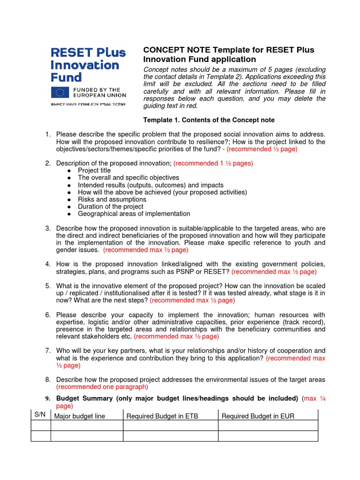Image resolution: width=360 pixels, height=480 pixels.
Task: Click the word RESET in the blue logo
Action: click(71, 52)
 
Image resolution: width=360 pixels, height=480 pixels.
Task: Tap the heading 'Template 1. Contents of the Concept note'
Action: click(209, 120)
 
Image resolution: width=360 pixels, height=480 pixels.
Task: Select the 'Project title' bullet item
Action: click(94, 171)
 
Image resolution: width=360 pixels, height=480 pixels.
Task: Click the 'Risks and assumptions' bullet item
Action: click(112, 199)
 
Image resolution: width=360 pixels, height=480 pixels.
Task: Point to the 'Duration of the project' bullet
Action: click(111, 206)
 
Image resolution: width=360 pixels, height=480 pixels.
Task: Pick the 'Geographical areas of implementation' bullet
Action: click(134, 214)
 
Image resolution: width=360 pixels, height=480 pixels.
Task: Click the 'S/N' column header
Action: click(39, 415)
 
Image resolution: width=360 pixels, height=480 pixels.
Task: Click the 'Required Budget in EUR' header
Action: click(258, 416)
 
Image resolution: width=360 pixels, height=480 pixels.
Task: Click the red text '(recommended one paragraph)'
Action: click(102, 387)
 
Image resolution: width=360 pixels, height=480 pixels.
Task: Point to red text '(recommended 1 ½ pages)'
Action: click(213, 163)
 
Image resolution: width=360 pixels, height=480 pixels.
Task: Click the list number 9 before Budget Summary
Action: click(47, 398)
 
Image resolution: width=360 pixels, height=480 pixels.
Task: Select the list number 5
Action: click(48, 286)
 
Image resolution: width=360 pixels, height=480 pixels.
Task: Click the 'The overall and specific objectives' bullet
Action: click(128, 178)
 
